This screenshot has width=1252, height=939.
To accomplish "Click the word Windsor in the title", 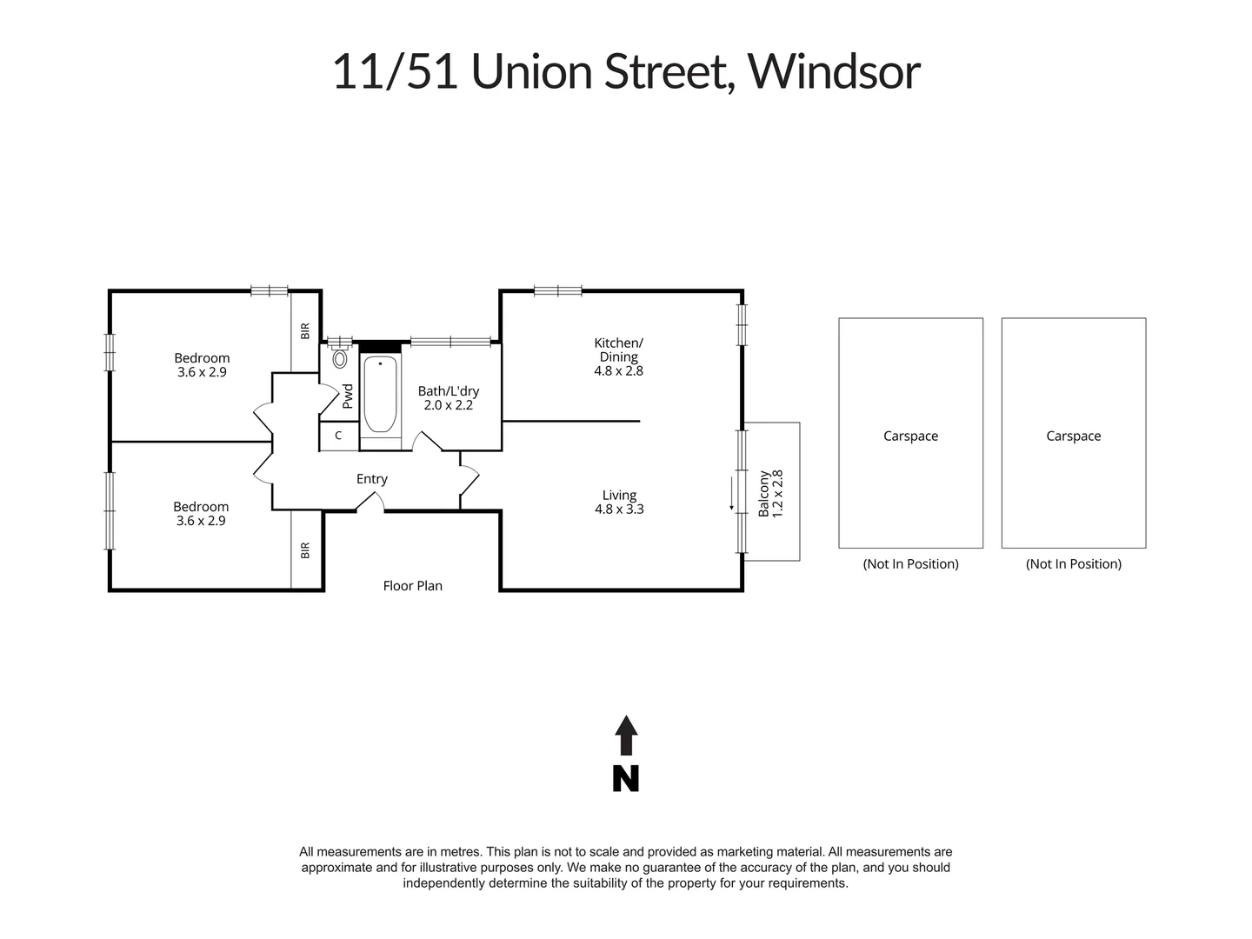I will (x=833, y=71).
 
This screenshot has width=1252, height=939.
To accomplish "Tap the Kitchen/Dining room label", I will (x=618, y=350).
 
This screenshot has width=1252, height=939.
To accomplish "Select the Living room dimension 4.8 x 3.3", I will (x=619, y=509).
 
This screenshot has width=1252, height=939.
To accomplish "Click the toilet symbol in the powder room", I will (x=340, y=358).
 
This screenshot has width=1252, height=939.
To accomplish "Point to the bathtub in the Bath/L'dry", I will (x=380, y=395).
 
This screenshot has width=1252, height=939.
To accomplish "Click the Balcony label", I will (x=764, y=494).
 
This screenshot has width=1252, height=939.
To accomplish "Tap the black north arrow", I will (x=626, y=736).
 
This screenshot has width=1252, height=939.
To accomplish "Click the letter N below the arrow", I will (x=626, y=778).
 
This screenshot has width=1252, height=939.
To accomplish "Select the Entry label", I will (x=371, y=479).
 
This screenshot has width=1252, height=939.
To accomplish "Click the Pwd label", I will (x=348, y=396).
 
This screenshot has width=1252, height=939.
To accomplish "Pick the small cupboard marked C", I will (x=338, y=436).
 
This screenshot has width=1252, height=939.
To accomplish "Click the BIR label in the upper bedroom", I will (x=305, y=331).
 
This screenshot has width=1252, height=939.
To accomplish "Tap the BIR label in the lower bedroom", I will (x=305, y=550).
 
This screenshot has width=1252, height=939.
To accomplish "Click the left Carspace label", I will (x=910, y=436).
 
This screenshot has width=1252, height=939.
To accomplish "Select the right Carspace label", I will (x=1073, y=436).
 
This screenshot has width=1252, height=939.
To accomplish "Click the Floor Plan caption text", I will (x=412, y=586).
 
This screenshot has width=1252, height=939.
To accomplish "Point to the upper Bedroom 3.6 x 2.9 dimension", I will (x=202, y=372).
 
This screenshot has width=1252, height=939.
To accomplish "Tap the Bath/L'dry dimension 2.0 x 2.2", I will (x=448, y=405).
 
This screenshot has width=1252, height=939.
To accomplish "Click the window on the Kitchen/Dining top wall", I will (x=557, y=291).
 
